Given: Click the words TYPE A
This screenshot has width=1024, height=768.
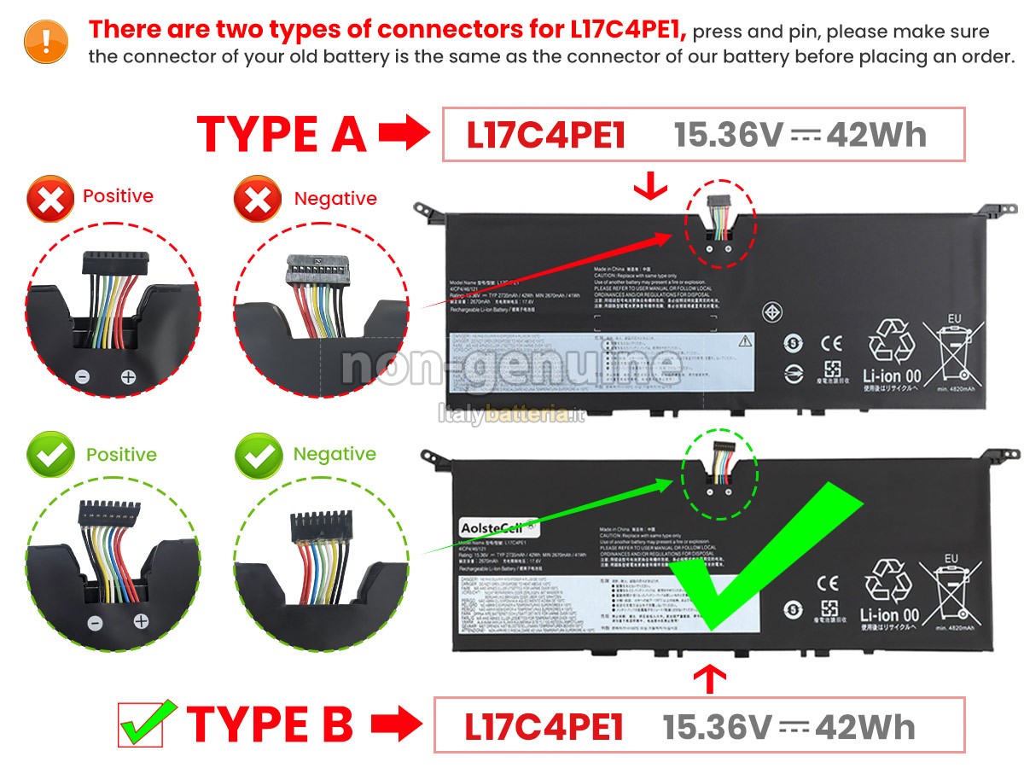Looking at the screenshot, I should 282,134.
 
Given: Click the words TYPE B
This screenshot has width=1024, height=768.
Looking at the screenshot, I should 269,724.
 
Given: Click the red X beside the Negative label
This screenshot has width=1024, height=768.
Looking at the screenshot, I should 257,200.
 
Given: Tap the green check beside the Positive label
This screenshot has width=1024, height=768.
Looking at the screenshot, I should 50,455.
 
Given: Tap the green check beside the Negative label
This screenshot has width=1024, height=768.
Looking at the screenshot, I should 258,455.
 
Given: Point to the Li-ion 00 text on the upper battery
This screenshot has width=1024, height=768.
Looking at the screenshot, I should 890,375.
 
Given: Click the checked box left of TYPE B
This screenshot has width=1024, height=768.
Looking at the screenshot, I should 145,723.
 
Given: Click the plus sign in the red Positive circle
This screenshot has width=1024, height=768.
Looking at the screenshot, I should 128,376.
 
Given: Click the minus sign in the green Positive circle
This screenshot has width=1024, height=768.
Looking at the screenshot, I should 96,623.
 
